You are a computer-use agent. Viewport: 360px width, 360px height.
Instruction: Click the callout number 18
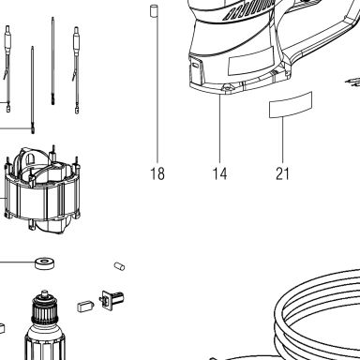pyautogui.click(x=157, y=173)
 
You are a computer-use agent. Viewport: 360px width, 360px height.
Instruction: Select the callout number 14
pyautogui.click(x=219, y=173)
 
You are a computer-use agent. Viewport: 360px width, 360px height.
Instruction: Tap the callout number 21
pyautogui.click(x=282, y=173)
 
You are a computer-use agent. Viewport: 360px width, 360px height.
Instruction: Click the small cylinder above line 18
pyautogui.click(x=154, y=11)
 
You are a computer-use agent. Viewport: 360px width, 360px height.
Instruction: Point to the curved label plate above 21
pyautogui.click(x=291, y=104)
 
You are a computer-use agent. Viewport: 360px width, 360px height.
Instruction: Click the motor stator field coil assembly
pyautogui.click(x=42, y=189)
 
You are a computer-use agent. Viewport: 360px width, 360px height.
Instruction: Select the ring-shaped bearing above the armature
pyautogui.click(x=45, y=263)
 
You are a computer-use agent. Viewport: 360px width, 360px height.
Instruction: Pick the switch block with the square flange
pyautogui.click(x=112, y=300)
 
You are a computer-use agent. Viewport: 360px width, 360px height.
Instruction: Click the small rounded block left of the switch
pyautogui.click(x=85, y=307)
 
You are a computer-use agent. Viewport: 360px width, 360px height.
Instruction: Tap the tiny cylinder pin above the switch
pyautogui.click(x=119, y=266)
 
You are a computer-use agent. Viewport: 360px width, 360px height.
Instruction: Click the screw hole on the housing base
pyautogui.click(x=227, y=89)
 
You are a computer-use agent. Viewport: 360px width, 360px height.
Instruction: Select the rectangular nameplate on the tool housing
pyautogui.click(x=251, y=61)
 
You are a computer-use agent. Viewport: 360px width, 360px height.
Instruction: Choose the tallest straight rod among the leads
pyautogui.click(x=52, y=61)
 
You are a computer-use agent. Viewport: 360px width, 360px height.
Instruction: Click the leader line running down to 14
pyautogui.click(x=219, y=128)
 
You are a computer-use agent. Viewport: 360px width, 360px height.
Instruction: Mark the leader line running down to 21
pyautogui.click(x=283, y=140)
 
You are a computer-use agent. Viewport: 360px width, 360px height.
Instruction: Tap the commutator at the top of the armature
pyautogui.click(x=45, y=309)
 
